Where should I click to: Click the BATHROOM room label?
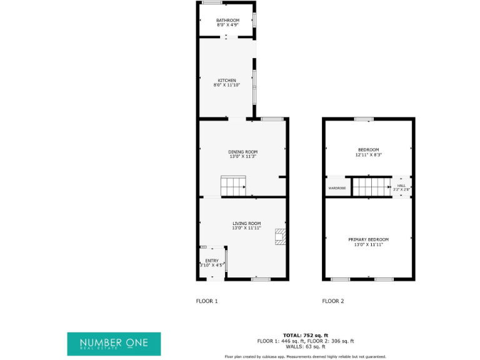pyautogui.click(x=227, y=21)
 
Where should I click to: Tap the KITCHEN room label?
pyautogui.click(x=226, y=80)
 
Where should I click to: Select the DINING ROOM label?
pyautogui.click(x=242, y=152)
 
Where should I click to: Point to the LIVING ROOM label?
pyautogui.click(x=246, y=223)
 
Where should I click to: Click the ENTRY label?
pyautogui.click(x=212, y=261)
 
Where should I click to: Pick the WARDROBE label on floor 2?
pyautogui.click(x=337, y=187)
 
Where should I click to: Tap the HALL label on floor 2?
pyautogui.click(x=401, y=185)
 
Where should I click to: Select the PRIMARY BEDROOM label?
pyautogui.click(x=368, y=239)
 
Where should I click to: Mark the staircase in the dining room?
pyautogui.click(x=234, y=186)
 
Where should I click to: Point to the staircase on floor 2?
pyautogui.click(x=371, y=186)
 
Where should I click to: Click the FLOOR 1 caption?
pyautogui.click(x=207, y=301)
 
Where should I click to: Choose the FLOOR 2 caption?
pyautogui.click(x=333, y=301)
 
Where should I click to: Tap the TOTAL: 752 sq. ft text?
pyautogui.click(x=306, y=336)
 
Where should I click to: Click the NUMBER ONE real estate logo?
pyautogui.click(x=114, y=344)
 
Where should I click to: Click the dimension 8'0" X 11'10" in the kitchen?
pyautogui.click(x=226, y=85)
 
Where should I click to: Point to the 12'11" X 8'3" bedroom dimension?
pyautogui.click(x=368, y=154)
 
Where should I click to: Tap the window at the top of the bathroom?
pyautogui.click(x=212, y=2)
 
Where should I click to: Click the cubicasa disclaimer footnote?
pyautogui.click(x=306, y=356)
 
